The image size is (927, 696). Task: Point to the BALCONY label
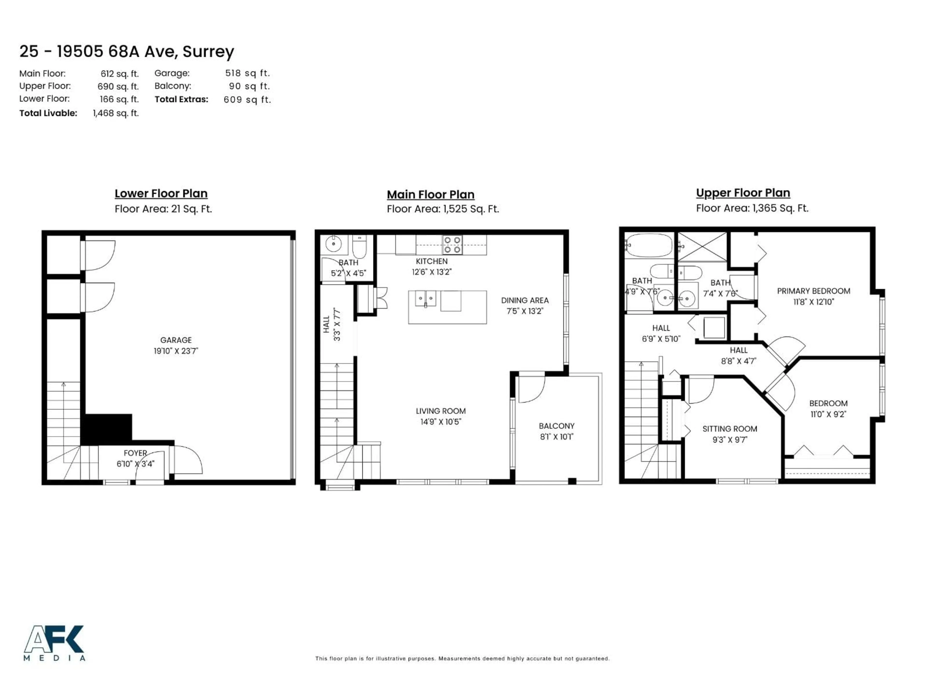[556, 426]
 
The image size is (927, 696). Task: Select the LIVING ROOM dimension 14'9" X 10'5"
[441, 422]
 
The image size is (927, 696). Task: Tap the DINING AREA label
[525, 300]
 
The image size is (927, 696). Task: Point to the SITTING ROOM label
[730, 429]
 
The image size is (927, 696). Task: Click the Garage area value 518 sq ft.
[247, 73]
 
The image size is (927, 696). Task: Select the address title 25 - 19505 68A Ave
[126, 52]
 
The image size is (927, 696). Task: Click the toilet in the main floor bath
[359, 247]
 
